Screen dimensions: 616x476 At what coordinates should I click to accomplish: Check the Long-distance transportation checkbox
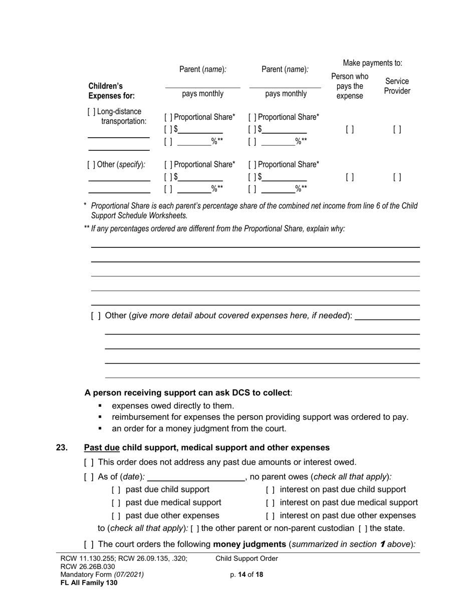point(91,112)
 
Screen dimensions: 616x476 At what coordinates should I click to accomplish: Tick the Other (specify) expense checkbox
point(91,164)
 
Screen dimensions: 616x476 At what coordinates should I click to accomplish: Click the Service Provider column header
point(397,86)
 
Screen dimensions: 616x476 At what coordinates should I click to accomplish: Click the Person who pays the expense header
point(350,86)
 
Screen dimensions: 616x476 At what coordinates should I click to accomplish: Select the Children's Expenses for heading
point(106,91)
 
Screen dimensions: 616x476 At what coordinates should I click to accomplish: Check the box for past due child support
point(116,490)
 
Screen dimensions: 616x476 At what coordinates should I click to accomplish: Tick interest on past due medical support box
point(270,503)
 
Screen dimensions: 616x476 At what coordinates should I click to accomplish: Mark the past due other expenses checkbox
point(116,516)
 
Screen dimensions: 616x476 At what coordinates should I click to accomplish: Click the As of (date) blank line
point(195,477)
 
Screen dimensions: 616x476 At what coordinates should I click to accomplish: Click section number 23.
point(62,448)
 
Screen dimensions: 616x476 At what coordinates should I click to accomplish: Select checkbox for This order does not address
point(89,462)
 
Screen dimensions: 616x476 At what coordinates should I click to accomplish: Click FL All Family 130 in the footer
point(89,582)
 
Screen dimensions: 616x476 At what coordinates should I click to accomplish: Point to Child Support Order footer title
point(247,558)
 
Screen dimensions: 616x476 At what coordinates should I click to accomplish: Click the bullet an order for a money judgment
point(199,429)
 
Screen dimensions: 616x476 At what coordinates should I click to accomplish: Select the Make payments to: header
point(372,63)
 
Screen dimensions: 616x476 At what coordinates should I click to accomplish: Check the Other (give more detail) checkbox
point(96,316)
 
